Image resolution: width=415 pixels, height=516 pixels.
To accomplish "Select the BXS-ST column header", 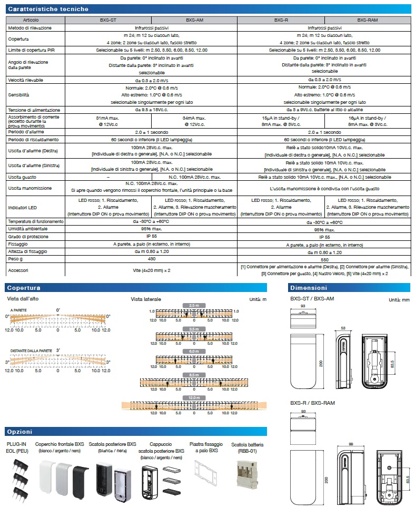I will pyautogui.click(x=108, y=20).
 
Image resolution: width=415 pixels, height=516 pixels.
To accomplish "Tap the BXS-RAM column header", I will pyautogui.click(x=368, y=20).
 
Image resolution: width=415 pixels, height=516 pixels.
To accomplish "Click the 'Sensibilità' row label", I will pyautogui.click(x=18, y=95).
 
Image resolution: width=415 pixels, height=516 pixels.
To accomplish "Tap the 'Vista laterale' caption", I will pyautogui.click(x=146, y=299).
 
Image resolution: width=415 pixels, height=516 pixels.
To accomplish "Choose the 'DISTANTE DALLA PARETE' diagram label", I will pyautogui.click(x=31, y=350).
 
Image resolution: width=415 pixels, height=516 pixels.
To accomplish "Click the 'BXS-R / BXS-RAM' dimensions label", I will pyautogui.click(x=313, y=403).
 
